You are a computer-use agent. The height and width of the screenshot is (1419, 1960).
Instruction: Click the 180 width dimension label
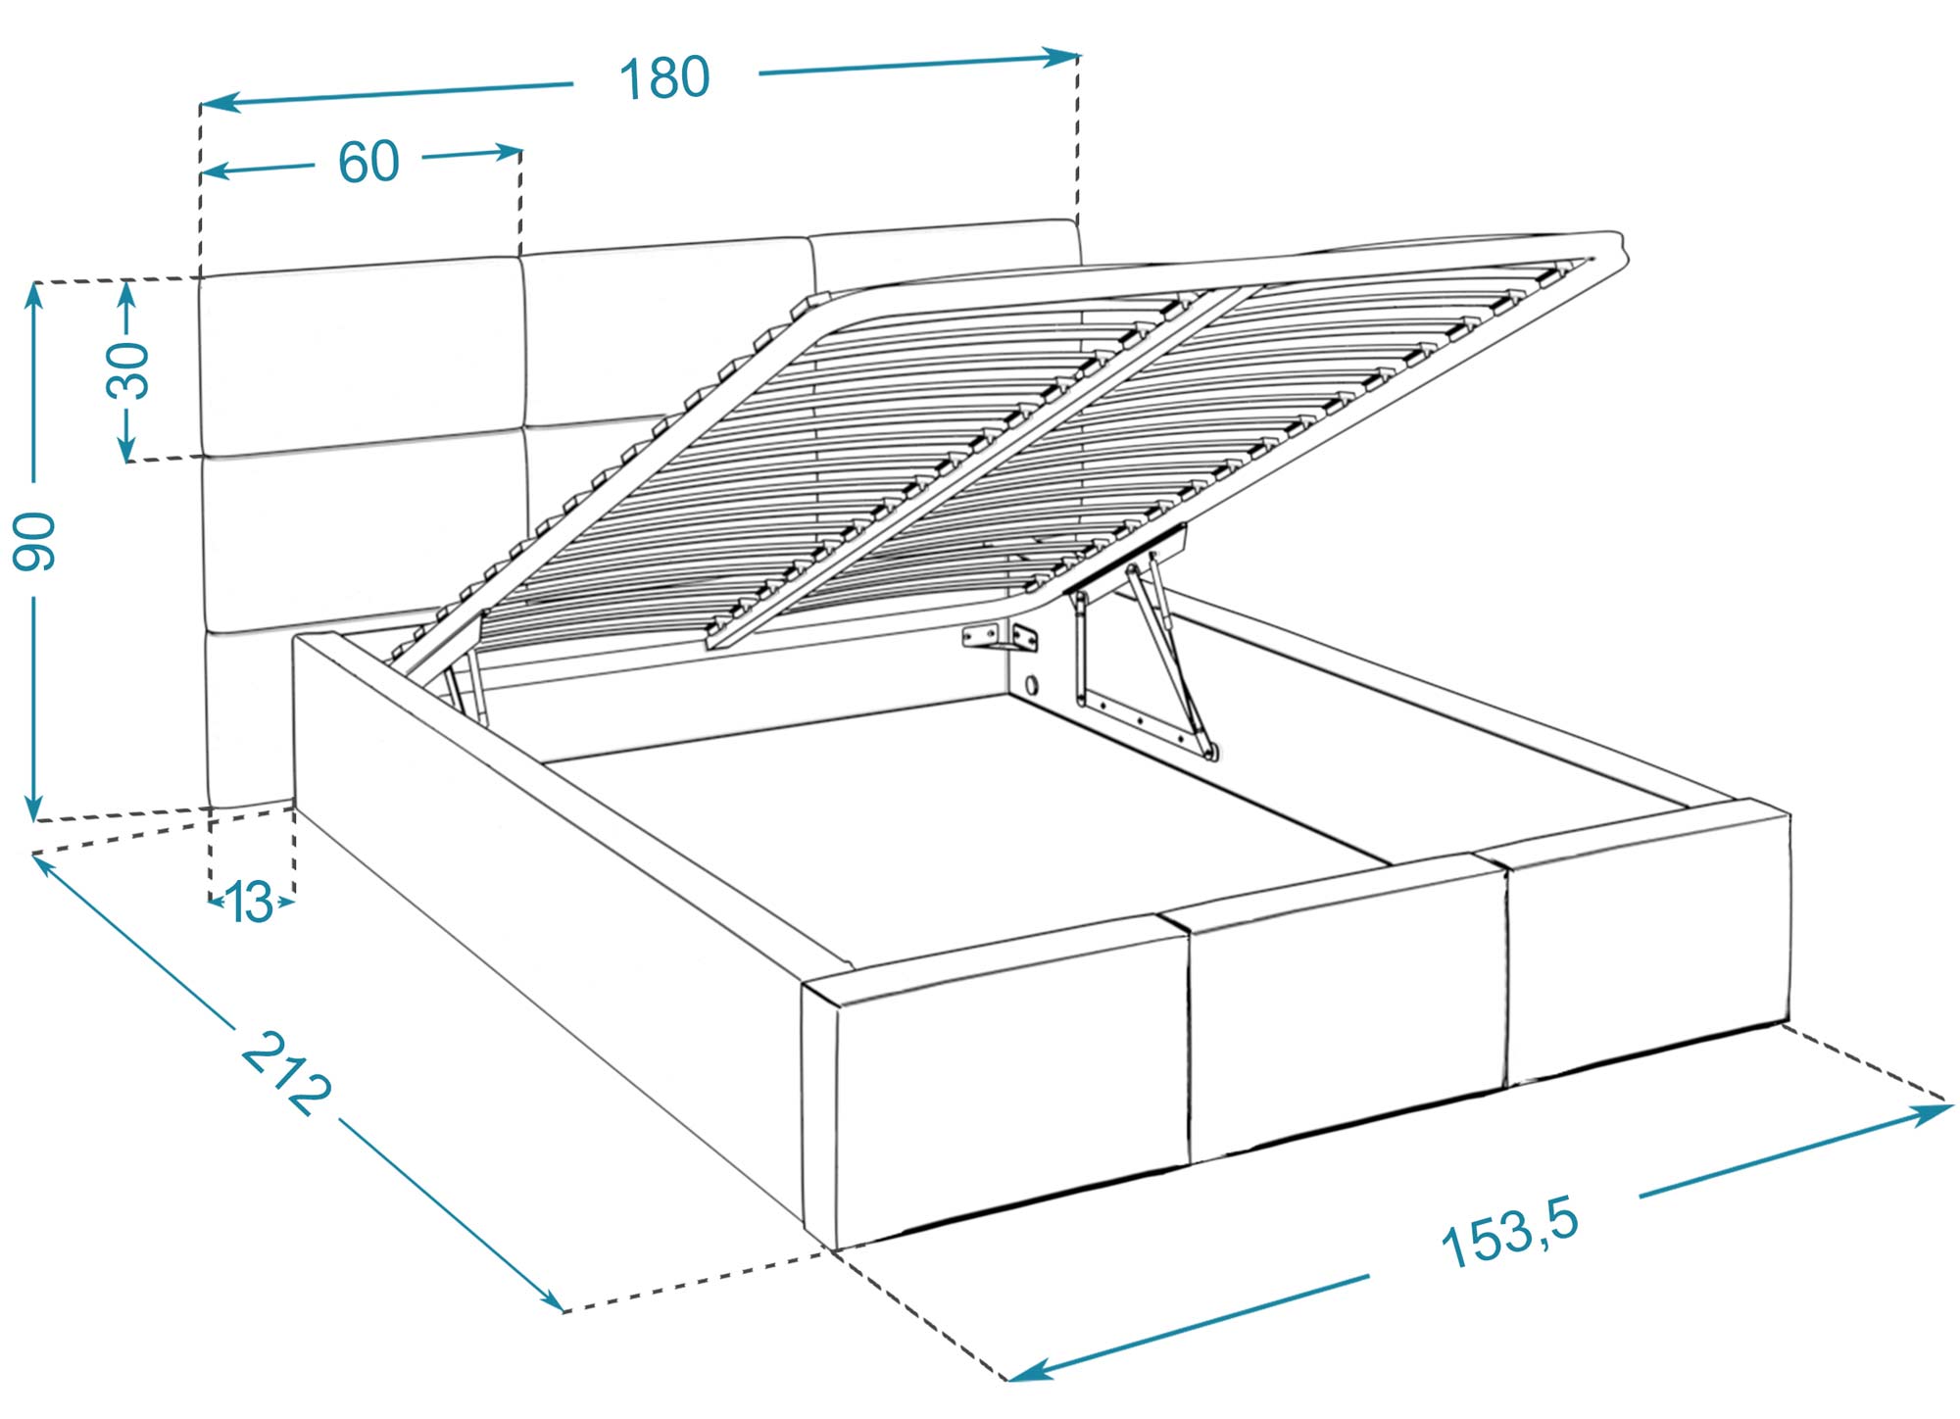point(664,78)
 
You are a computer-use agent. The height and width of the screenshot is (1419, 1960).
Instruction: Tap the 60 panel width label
point(368,162)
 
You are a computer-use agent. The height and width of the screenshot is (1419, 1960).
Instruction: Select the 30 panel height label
point(129,370)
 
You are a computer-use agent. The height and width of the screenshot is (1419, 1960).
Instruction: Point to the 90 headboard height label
point(35,540)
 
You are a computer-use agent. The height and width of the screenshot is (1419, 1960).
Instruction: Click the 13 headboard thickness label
point(250,903)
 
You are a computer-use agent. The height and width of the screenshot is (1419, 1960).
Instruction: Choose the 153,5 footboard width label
point(1510,1234)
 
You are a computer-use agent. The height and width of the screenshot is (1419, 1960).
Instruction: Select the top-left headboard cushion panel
point(361,358)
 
